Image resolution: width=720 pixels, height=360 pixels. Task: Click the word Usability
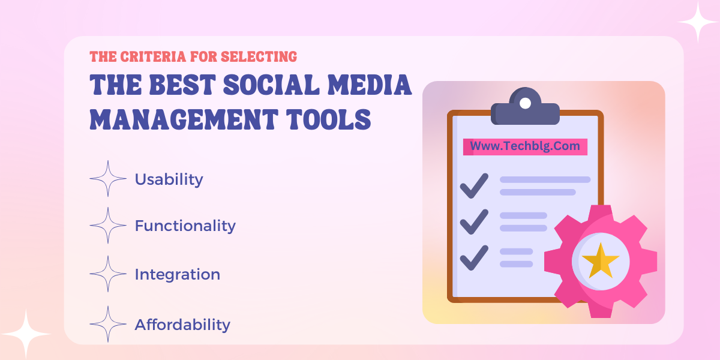click(169, 179)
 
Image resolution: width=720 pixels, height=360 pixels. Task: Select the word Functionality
click(185, 226)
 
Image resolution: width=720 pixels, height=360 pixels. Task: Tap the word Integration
click(178, 275)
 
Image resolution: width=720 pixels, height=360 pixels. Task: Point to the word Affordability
click(182, 325)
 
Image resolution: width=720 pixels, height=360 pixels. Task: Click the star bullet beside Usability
click(108, 178)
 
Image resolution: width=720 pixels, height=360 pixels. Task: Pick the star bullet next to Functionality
click(108, 226)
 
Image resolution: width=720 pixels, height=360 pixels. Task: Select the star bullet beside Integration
click(108, 274)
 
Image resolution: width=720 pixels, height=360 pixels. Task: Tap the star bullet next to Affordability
click(108, 324)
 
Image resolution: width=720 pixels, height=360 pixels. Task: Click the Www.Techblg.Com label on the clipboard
click(525, 146)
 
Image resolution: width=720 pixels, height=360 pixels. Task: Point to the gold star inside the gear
click(601, 261)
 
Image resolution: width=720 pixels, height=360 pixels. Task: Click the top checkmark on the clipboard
click(474, 186)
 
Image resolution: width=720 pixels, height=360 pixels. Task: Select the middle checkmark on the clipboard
click(474, 222)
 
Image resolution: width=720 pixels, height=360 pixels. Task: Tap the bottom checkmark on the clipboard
click(474, 258)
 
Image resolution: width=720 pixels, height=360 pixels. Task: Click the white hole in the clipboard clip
click(525, 103)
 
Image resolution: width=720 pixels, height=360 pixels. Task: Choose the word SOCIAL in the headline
click(271, 85)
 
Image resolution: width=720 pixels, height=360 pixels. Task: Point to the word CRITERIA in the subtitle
click(153, 57)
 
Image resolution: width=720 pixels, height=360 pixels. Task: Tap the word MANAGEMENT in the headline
click(184, 119)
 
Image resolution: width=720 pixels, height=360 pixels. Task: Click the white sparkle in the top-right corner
click(698, 22)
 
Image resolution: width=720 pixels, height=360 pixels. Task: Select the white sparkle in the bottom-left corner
click(26, 334)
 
